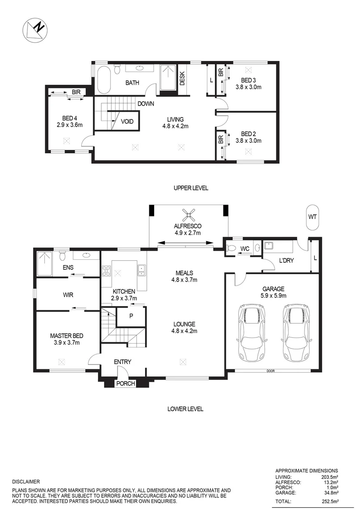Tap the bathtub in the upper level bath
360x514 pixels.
[104, 80]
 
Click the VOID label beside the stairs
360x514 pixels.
[127, 121]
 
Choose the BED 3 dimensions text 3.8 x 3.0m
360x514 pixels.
[248, 87]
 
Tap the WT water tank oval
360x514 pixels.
[312, 217]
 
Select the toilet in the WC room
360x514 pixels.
[232, 247]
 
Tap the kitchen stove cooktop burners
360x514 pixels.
[106, 271]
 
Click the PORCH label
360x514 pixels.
[126, 384]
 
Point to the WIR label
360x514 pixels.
[68, 295]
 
